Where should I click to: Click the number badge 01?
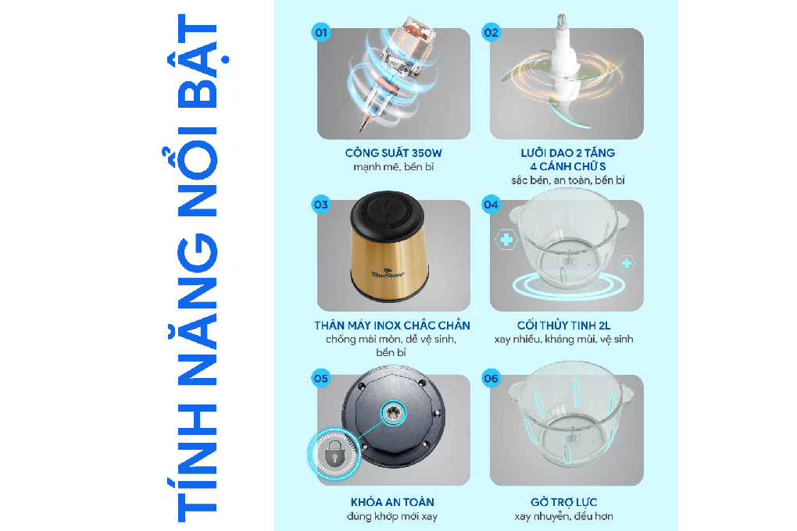320,33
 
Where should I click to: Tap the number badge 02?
491,33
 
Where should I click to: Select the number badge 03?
320,205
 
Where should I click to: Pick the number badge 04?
491,205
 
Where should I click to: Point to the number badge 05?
320,379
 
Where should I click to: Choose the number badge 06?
491,379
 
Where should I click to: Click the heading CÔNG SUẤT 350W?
393,152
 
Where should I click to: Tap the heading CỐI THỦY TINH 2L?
563,325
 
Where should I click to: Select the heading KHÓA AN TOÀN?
392,502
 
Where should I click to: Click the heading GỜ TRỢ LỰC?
563,503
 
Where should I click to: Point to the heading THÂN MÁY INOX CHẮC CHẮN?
392,325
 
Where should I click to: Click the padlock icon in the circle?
334,453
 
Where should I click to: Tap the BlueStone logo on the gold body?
388,273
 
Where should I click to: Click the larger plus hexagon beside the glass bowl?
506,239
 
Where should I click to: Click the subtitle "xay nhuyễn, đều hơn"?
563,516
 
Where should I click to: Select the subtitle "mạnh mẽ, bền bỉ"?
393,166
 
